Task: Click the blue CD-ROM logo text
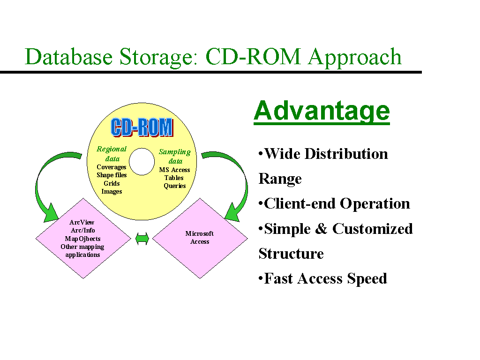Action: (x=142, y=127)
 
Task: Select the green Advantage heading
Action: (x=322, y=111)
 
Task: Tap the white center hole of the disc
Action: (x=142, y=162)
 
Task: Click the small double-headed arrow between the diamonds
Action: (x=142, y=239)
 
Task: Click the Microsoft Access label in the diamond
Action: (x=200, y=238)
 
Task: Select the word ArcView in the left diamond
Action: (x=82, y=222)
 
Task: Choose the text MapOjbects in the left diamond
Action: (x=82, y=239)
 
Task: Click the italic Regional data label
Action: (x=112, y=154)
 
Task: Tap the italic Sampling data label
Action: (x=175, y=157)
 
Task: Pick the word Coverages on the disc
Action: (x=112, y=167)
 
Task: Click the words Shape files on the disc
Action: (x=112, y=175)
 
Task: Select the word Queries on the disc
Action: (x=175, y=186)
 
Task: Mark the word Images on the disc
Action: (x=112, y=192)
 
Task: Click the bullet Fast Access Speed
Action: (x=322, y=279)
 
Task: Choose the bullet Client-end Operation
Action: (x=334, y=204)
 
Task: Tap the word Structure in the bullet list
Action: (x=291, y=254)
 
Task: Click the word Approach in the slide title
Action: (x=355, y=57)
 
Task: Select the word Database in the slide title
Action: (x=69, y=57)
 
